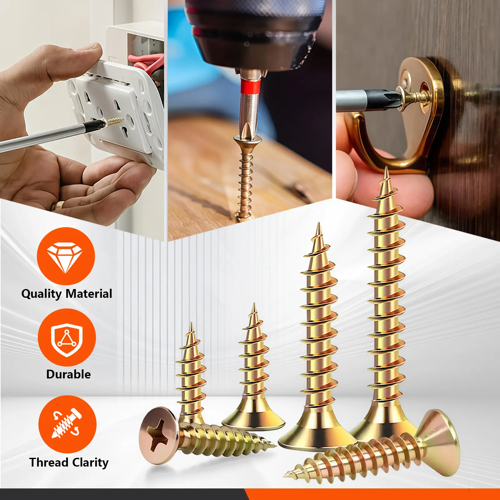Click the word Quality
tap(42, 294)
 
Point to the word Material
tap(89, 294)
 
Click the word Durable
tap(68, 374)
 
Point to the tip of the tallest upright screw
tap(387, 167)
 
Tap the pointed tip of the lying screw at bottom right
tap(285, 476)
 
